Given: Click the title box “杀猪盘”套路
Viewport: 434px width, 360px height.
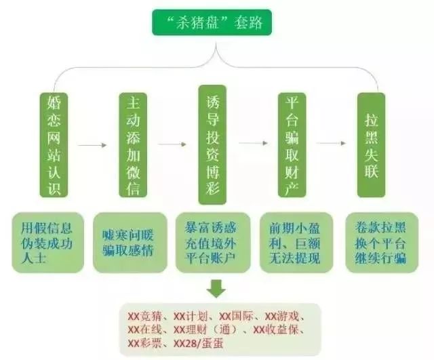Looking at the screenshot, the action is point(212,22).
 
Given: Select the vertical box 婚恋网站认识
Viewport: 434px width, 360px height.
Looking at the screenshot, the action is point(54,145).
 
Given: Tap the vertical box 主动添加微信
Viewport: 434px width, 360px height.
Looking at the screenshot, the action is point(133,145).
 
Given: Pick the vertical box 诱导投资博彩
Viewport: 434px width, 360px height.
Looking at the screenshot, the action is point(212,144).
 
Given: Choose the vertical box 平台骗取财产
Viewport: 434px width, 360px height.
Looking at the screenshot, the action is point(292,145).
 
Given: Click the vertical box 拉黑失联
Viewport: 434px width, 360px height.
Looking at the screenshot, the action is point(371,145).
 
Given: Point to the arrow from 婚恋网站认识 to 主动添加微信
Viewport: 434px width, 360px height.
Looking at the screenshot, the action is point(92,145).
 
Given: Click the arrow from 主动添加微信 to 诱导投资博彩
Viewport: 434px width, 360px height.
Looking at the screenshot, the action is point(172,144).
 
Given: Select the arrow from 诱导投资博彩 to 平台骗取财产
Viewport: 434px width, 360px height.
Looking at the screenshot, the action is point(253,143).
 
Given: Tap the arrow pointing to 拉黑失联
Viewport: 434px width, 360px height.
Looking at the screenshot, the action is point(332,143).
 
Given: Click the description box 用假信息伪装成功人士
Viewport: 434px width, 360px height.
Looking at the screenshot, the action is point(47,243).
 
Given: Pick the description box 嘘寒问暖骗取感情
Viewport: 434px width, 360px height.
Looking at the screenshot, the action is point(130,243).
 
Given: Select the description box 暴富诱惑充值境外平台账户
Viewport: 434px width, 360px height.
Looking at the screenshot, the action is point(213,243).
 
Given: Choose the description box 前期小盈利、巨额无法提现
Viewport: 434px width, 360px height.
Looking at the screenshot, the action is point(296,243).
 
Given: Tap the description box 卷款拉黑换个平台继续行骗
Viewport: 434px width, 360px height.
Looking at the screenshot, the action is point(382,243).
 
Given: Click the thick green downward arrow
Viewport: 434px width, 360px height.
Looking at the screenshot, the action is point(216,289).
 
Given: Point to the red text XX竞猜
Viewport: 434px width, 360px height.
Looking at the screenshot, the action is point(144,317).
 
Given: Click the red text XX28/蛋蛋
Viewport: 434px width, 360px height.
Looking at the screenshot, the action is point(199,344).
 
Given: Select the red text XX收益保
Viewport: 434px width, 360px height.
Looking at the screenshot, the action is point(276,330).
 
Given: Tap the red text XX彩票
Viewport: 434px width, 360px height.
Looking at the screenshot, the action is point(144,344).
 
